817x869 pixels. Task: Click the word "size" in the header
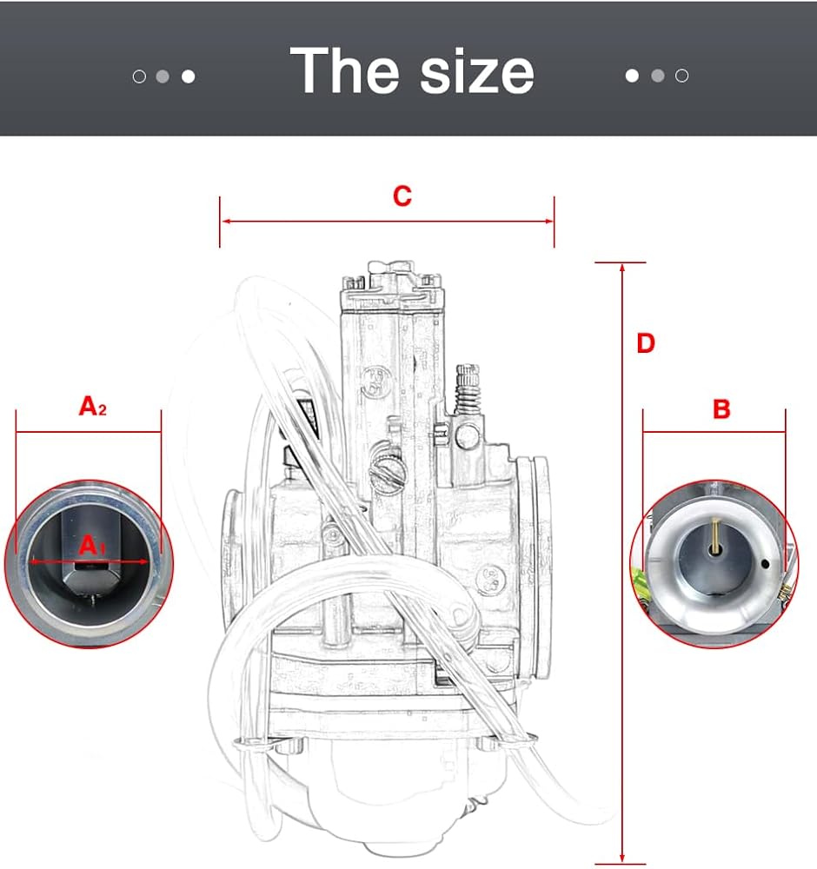point(477,73)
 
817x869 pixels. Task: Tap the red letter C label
point(402,197)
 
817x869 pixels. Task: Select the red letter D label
point(645,344)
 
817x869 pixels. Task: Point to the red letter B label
point(721,409)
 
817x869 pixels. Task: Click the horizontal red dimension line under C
point(387,221)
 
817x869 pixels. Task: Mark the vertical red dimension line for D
point(622,565)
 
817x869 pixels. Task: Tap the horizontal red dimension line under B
point(714,432)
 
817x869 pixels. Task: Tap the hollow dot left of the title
point(139,76)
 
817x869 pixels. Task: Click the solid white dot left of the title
point(188,76)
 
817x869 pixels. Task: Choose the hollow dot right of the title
point(681,76)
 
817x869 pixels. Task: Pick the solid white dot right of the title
point(632,76)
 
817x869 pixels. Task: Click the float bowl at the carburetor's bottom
point(382,782)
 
